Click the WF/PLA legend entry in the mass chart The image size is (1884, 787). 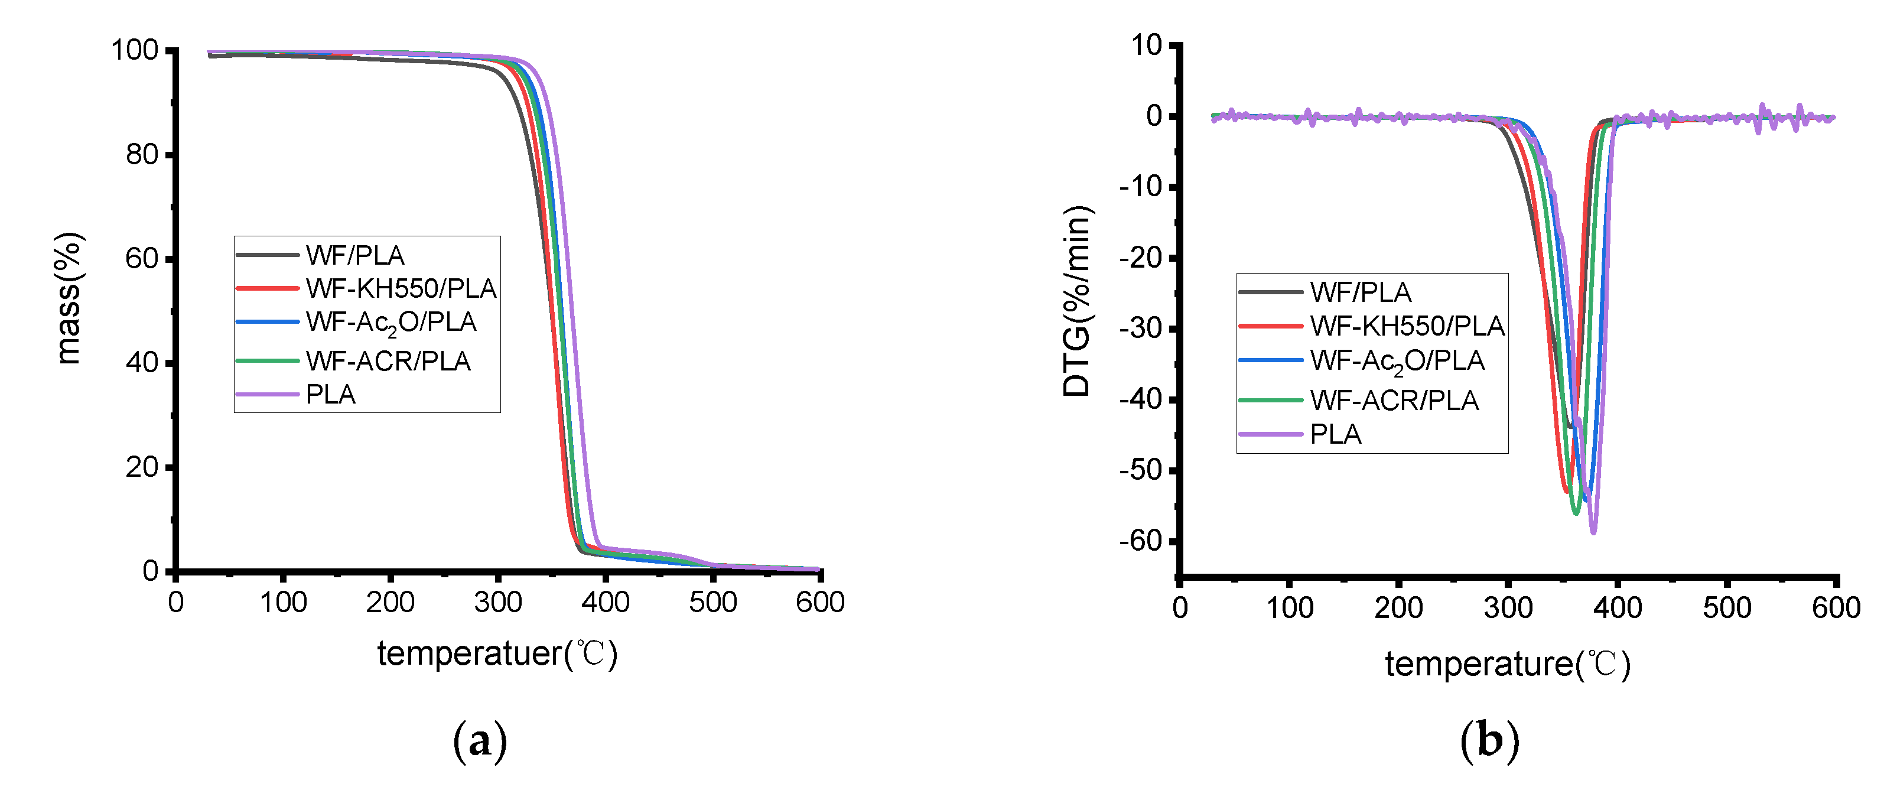click(354, 255)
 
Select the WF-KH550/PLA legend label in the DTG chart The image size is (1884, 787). click(1407, 326)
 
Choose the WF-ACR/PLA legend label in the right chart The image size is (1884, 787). click(1394, 401)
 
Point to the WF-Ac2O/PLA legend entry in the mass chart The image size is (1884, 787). click(391, 323)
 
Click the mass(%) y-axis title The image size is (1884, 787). click(70, 298)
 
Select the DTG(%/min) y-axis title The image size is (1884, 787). click(1076, 301)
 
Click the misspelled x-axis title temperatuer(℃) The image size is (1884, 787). click(497, 653)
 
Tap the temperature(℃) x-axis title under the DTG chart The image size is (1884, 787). click(1507, 664)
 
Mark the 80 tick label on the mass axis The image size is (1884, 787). click(141, 155)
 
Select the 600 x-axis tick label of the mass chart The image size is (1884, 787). click(820, 603)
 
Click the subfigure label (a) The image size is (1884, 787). click(480, 742)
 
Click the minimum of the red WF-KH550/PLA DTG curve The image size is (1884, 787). click(1566, 491)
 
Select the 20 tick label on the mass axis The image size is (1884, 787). click(141, 467)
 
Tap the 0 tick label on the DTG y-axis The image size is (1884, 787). click(1154, 116)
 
